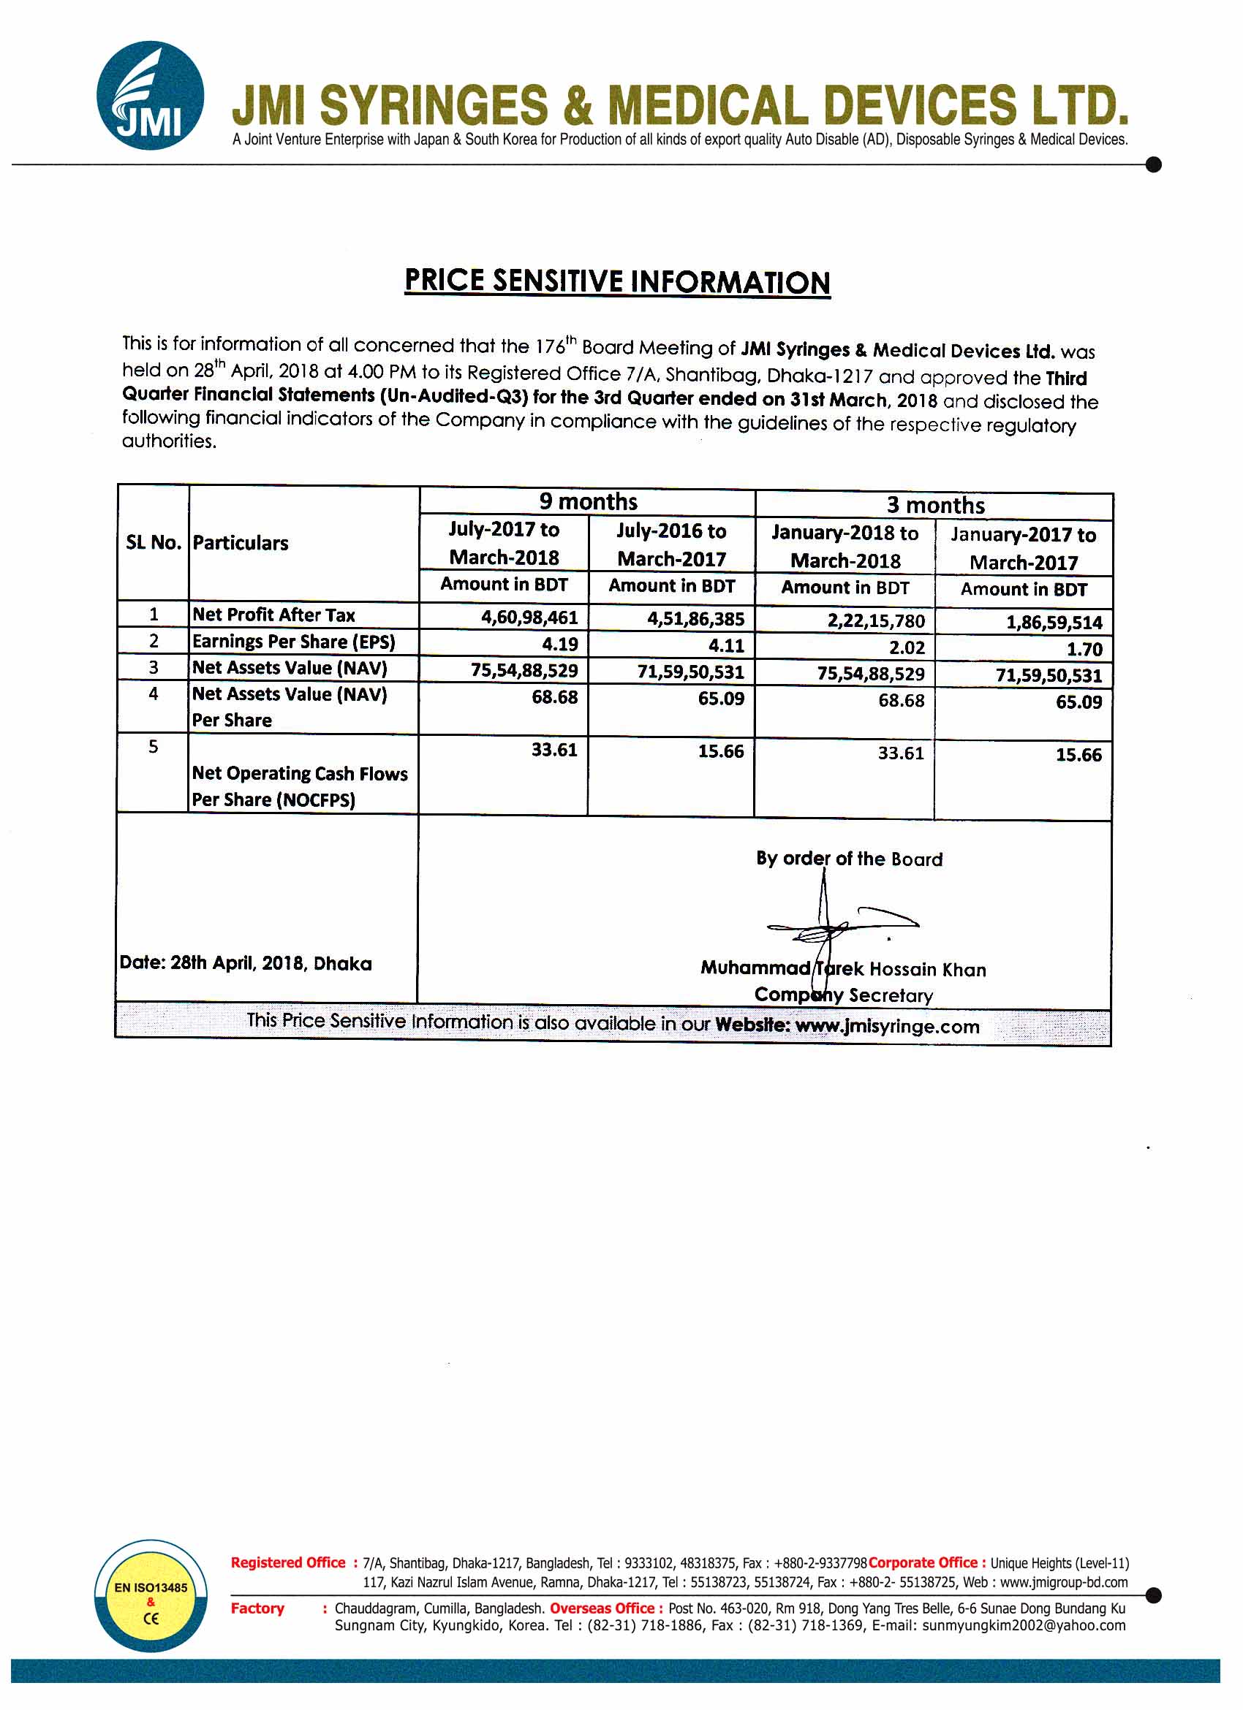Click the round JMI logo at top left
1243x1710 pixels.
tap(150, 95)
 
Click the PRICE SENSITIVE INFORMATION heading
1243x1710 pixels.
tap(617, 281)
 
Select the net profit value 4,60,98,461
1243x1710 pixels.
tap(529, 618)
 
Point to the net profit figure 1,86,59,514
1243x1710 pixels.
tap(1054, 623)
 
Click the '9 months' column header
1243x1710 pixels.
tap(588, 501)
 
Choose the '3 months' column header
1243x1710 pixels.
tap(935, 505)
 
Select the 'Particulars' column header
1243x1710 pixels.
tap(241, 543)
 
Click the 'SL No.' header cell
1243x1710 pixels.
tap(153, 543)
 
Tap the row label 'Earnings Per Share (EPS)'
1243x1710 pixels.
tap(293, 642)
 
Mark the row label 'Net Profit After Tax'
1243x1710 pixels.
tap(273, 615)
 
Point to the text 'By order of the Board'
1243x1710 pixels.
tap(850, 859)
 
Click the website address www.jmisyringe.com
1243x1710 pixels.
tap(887, 1026)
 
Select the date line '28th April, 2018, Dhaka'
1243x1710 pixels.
tap(246, 964)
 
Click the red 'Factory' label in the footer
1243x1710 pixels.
tap(257, 1609)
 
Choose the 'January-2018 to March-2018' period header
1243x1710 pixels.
tap(845, 547)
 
